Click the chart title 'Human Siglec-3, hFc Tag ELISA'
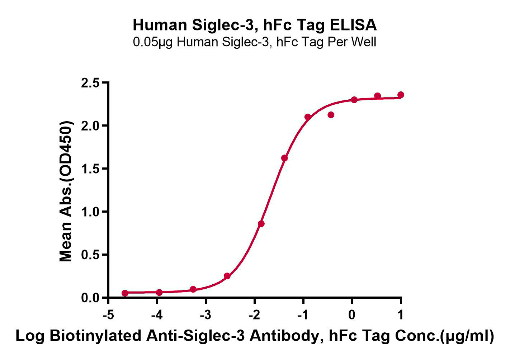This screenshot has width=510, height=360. [x=255, y=25]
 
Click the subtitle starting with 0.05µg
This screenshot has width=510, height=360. [x=255, y=42]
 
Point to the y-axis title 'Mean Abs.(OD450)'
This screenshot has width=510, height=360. [x=66, y=191]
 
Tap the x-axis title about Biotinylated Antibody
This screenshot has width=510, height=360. [x=255, y=336]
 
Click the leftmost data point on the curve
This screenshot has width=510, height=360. [x=125, y=293]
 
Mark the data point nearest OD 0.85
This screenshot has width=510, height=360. [x=261, y=224]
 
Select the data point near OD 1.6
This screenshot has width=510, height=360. [x=284, y=158]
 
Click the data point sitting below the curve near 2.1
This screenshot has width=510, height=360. [x=331, y=115]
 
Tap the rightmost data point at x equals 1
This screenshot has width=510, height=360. [x=401, y=95]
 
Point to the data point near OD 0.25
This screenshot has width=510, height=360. [x=227, y=276]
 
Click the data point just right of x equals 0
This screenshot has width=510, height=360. [x=354, y=100]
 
